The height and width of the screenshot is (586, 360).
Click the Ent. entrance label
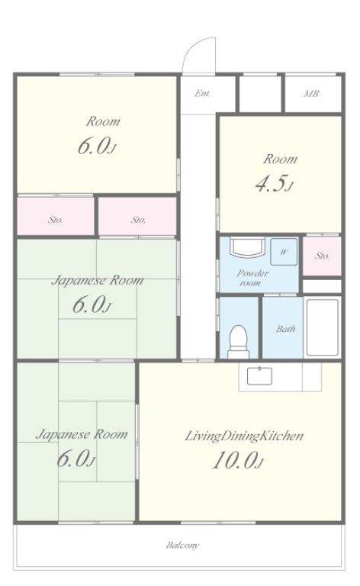(202, 93)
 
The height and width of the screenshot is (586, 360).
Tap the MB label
(311, 93)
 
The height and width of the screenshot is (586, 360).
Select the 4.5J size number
(275, 184)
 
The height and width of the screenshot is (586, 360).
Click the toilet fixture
(238, 342)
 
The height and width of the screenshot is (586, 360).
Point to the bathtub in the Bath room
(323, 327)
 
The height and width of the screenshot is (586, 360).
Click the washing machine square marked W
(284, 252)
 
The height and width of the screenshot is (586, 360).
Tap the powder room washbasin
(247, 246)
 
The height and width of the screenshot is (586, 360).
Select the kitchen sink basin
(259, 375)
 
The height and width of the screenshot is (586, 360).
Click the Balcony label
(182, 546)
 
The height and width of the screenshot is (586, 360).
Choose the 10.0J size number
(238, 460)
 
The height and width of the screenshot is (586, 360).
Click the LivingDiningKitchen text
(244, 436)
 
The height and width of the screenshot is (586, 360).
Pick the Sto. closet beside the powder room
(322, 256)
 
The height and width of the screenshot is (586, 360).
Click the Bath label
(286, 329)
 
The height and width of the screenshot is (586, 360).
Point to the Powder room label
(252, 278)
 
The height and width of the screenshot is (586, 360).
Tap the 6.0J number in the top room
(97, 146)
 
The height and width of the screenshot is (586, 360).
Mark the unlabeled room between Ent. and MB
(260, 93)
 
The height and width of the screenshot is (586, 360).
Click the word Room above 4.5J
(281, 159)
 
